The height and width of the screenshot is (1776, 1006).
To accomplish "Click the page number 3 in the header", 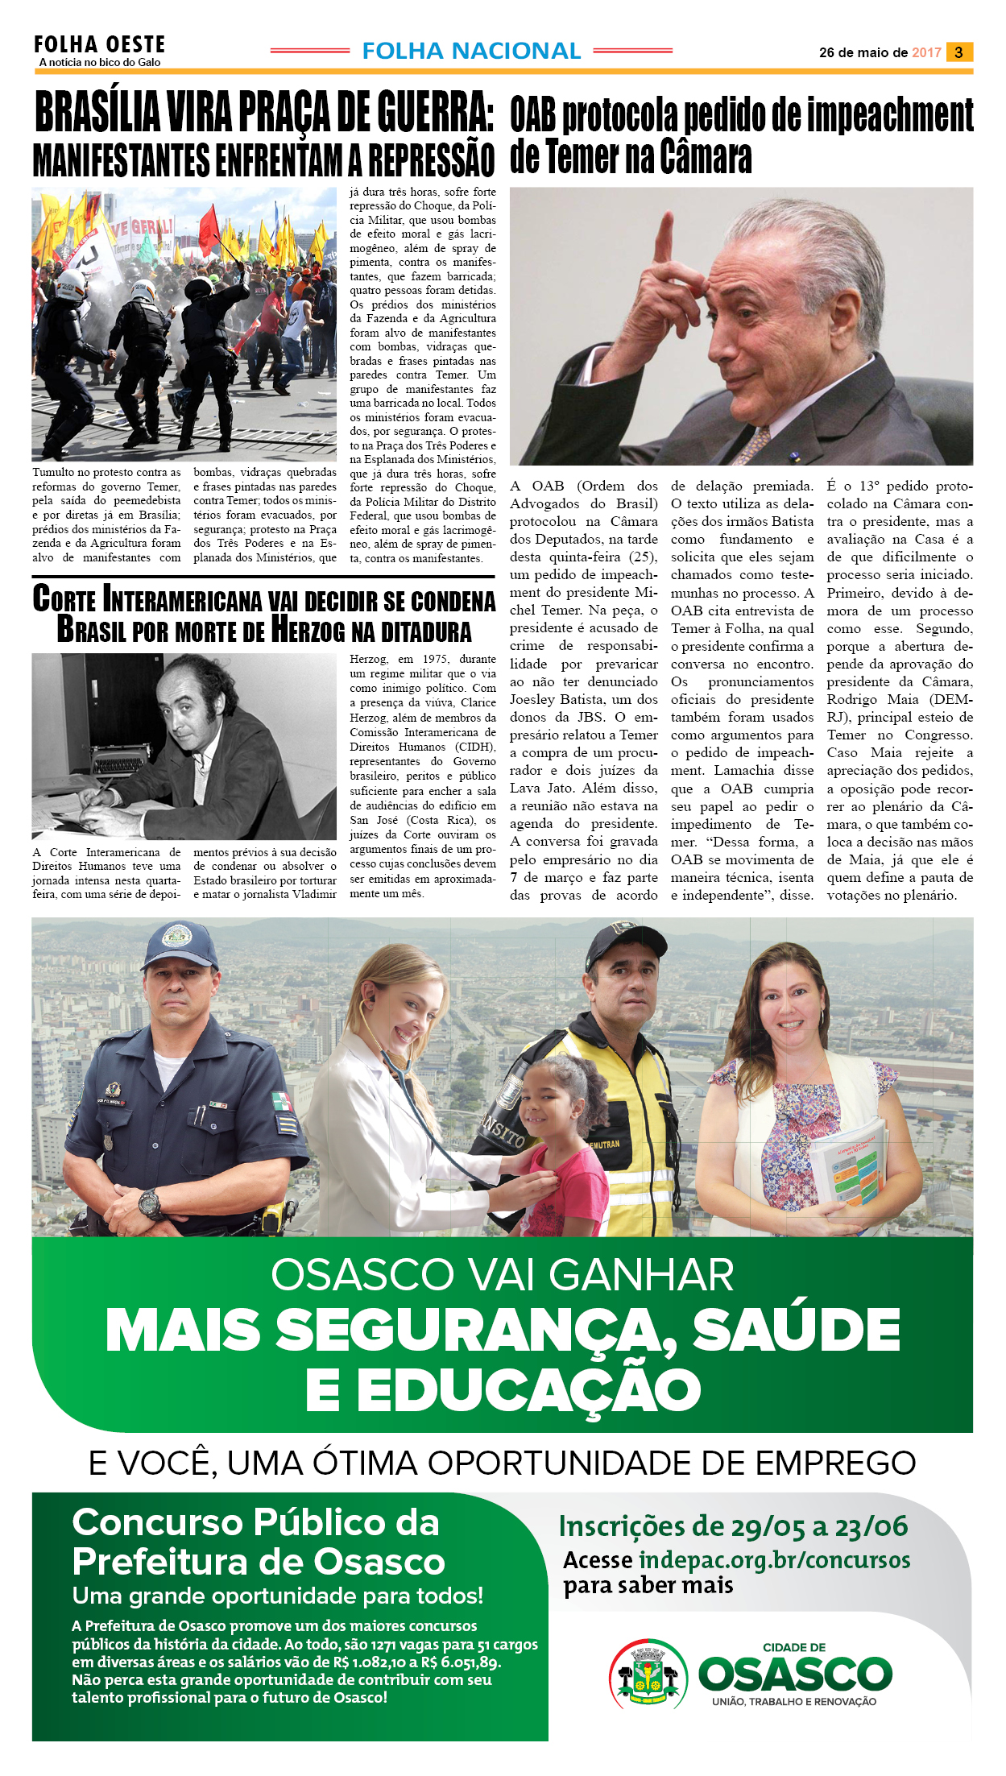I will (x=958, y=52).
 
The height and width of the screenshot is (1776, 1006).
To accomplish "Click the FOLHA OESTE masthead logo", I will (x=99, y=45).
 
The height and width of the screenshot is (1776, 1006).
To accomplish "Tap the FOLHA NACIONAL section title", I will (x=471, y=52).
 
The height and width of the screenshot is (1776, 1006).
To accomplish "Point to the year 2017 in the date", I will (x=926, y=53).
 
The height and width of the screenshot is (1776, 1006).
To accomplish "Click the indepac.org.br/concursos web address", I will (x=774, y=1561).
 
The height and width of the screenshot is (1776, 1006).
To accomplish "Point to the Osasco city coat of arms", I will (x=648, y=1674).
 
